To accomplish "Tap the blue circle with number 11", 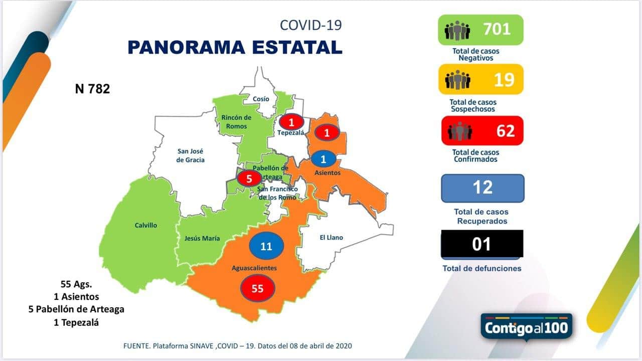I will coord(266,246).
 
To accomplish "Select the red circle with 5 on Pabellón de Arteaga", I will coord(249,177).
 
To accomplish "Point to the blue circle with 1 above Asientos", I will coord(324,159).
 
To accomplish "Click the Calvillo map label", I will coord(145,225).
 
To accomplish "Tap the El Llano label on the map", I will coord(331,237).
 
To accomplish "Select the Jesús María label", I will coord(202,238).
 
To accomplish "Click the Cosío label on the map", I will coord(261,99).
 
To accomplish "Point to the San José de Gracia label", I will coord(191,155).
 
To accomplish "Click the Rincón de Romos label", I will coord(236,122).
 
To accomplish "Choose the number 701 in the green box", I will coord(497,29).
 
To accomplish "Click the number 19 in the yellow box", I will coord(504,79).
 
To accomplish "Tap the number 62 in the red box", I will coord(505,130).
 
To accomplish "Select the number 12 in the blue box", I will coord(483,188).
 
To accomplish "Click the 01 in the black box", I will coord(482,244).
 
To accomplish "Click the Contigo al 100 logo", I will coord(527,327).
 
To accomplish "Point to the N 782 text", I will coord(92,89).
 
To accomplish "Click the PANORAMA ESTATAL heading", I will coord(235,47).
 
